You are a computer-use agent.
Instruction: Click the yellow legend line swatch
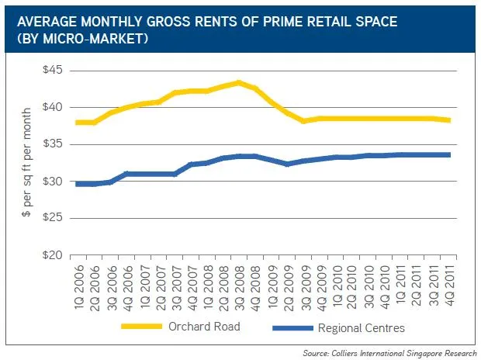point(143,327)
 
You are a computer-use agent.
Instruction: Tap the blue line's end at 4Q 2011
point(450,154)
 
